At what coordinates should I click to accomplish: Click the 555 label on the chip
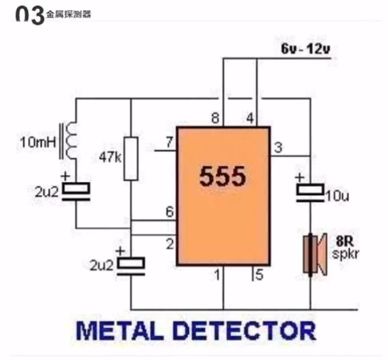[222, 176]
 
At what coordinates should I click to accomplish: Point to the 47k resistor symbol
[131, 158]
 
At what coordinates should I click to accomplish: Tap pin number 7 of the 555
[169, 142]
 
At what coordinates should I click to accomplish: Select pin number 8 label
[215, 119]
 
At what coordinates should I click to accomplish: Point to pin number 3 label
[277, 148]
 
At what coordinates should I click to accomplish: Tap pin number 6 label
[169, 211]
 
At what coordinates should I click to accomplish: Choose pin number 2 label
[169, 244]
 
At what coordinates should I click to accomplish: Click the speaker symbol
[313, 254]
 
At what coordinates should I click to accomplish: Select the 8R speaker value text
[343, 238]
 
